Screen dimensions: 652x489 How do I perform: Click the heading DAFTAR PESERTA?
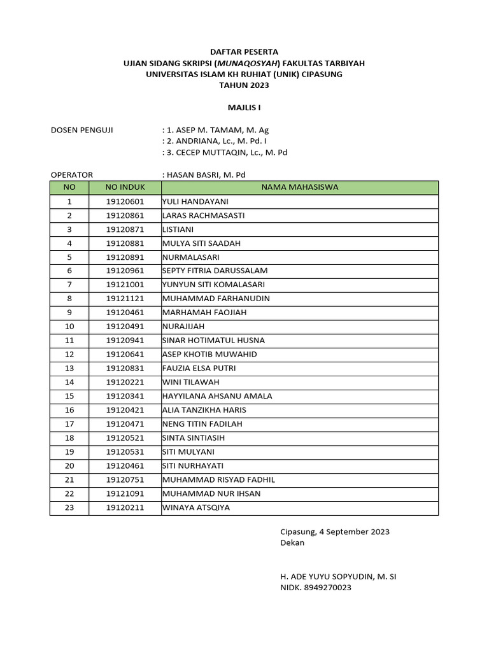point(244,52)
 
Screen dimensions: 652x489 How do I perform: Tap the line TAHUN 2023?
point(244,85)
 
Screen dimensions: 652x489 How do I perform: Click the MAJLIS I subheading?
point(244,108)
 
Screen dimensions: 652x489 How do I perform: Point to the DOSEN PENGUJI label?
point(81,130)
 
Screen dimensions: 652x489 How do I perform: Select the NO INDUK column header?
point(125,187)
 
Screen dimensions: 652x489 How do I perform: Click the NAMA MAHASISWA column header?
point(299,187)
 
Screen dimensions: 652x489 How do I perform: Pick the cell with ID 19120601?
point(125,201)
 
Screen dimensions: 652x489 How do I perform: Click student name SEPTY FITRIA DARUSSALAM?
point(215,271)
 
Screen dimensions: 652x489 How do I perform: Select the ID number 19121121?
point(125,299)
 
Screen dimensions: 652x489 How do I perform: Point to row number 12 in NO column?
point(69,354)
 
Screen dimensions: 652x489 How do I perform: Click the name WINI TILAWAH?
point(191,382)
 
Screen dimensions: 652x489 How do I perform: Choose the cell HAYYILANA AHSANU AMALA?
point(217,396)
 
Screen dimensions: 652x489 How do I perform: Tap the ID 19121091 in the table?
point(125,493)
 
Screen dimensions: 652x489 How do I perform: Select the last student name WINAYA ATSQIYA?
point(196,507)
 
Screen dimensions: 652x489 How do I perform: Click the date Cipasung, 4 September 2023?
point(335,532)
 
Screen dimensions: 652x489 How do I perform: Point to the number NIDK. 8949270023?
point(316,588)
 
